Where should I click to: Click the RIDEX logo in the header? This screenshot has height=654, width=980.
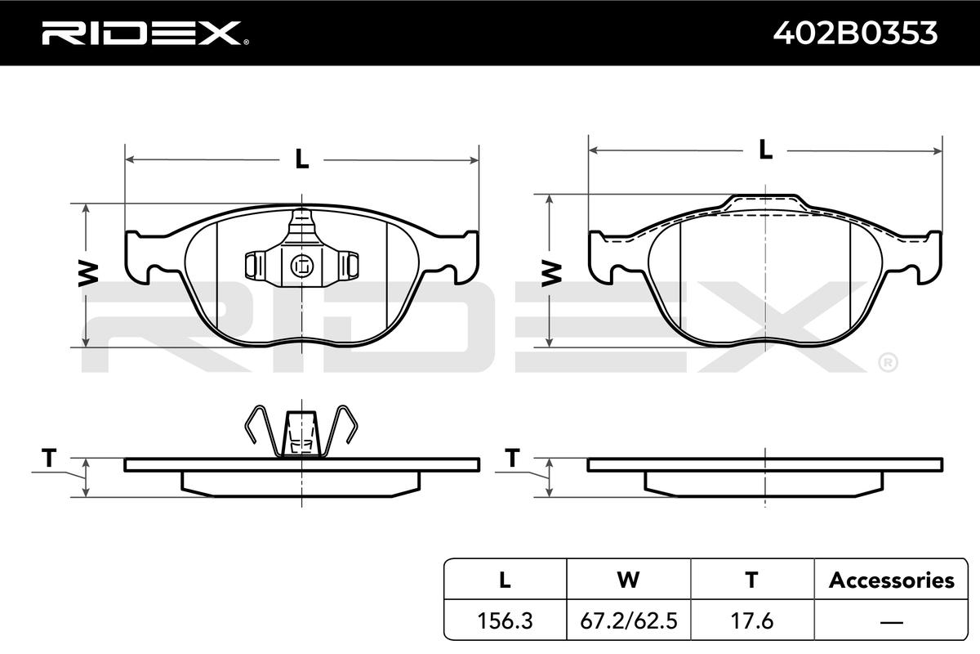click(x=145, y=33)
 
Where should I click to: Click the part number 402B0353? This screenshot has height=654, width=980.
click(x=855, y=33)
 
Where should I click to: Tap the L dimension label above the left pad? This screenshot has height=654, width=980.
click(x=302, y=159)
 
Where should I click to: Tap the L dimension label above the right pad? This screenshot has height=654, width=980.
click(x=765, y=150)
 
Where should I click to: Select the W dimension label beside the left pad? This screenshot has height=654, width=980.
click(x=88, y=274)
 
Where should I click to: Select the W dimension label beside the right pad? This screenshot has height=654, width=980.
click(x=552, y=274)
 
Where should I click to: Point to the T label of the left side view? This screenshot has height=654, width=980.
click(x=49, y=458)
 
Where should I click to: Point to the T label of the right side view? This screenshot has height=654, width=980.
click(x=512, y=458)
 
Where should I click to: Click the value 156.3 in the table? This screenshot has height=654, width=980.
click(x=505, y=620)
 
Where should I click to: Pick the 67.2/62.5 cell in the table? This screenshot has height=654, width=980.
click(x=629, y=620)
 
